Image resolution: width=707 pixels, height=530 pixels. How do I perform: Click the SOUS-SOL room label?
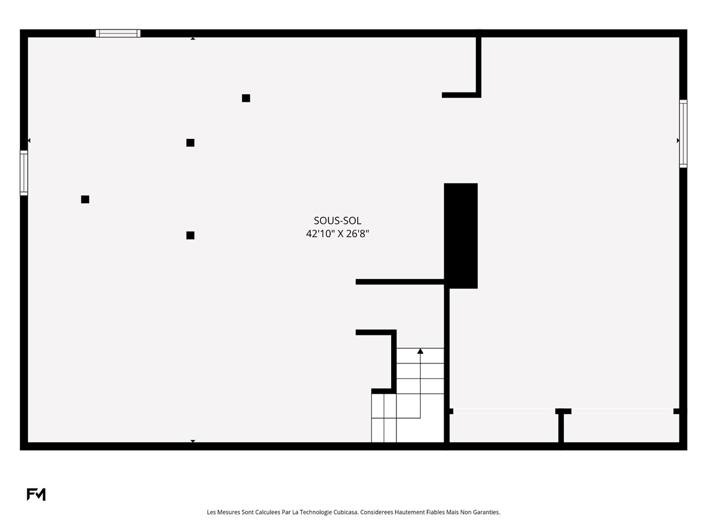tap(337, 220)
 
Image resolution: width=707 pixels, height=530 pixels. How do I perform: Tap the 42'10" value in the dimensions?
tap(319, 234)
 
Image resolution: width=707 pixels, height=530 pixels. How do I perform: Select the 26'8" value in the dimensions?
tap(357, 234)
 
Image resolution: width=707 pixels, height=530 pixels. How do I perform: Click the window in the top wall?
tap(118, 33)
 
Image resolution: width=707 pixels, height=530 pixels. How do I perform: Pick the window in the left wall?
tap(24, 173)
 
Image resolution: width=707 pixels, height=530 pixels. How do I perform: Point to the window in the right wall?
tap(683, 134)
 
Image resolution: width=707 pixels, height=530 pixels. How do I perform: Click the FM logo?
tap(36, 494)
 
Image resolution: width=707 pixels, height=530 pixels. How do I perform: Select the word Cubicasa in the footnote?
tap(345, 512)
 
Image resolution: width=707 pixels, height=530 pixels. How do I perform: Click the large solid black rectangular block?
tap(461, 236)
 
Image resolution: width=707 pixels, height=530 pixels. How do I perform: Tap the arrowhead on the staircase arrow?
tap(420, 351)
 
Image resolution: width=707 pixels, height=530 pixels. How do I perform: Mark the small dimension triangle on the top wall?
tap(193, 39)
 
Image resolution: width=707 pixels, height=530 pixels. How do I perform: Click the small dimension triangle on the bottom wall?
tap(193, 441)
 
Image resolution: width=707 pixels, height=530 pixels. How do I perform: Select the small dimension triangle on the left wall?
tap(29, 140)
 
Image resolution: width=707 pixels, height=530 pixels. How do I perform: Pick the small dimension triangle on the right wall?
tap(678, 140)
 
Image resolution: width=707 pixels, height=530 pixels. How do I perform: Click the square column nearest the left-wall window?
tap(85, 200)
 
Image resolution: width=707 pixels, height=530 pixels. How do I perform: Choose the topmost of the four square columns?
tap(246, 98)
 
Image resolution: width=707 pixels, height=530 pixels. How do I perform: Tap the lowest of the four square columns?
tap(190, 235)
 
